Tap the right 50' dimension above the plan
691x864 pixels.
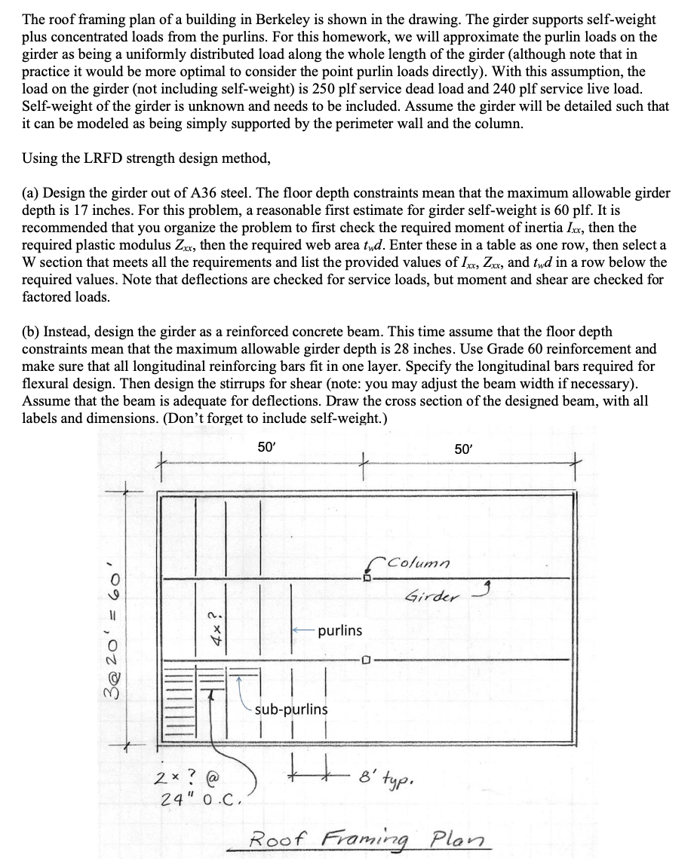coord(465,448)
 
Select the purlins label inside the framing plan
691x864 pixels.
coord(339,630)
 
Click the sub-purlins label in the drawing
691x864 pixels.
coord(291,709)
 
